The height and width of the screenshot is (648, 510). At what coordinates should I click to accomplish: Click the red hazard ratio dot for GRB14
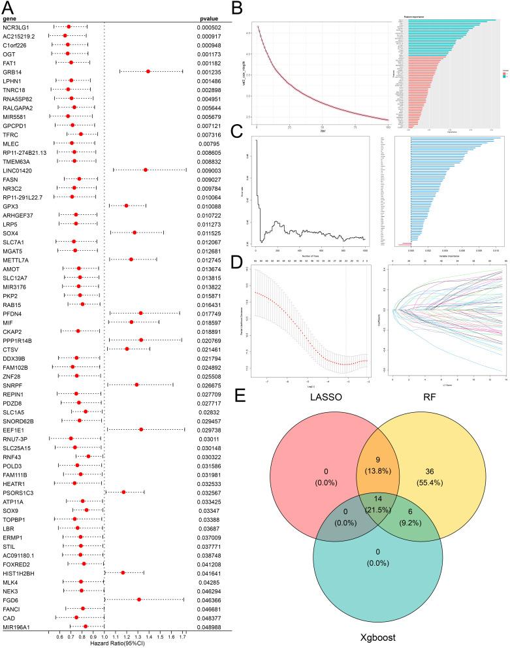148,71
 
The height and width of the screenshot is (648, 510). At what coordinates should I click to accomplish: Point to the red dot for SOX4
135,232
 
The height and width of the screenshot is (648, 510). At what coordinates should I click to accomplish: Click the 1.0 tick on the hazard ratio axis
104,637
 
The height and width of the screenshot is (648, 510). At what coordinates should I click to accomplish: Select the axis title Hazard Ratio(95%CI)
104,644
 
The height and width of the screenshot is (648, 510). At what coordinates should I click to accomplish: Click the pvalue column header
208,18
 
